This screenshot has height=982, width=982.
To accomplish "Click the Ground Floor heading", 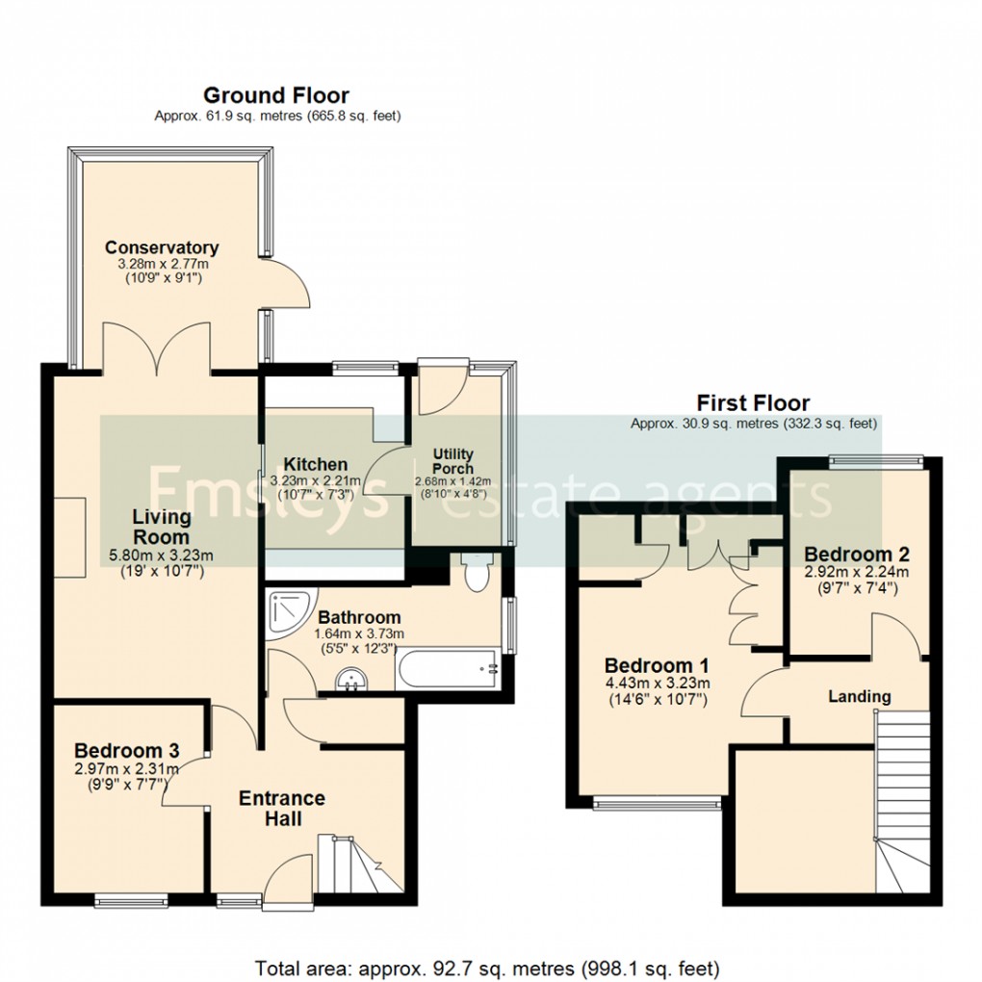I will click(275, 95).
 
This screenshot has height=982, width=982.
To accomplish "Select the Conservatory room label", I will click(162, 247).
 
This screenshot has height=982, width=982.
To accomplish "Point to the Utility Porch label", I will click(452, 461).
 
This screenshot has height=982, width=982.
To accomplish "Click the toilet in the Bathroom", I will click(476, 574).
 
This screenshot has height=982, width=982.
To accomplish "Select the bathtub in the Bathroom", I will click(447, 668).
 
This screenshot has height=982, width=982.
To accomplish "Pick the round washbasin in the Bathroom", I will click(350, 681).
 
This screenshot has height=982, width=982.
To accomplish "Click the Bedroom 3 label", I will click(127, 750).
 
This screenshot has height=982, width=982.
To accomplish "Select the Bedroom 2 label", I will click(857, 555).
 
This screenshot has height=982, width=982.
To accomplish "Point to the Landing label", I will click(860, 696).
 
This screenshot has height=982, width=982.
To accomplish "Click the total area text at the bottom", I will click(486, 966).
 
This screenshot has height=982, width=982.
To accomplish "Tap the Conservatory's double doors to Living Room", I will click(157, 349).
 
